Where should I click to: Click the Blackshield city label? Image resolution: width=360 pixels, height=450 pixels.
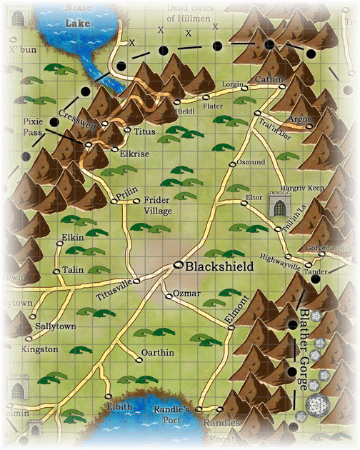pos(219,266)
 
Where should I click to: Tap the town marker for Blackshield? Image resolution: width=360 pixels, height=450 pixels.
pos(178,266)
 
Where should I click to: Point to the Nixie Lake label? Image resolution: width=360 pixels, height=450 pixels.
pos(78,15)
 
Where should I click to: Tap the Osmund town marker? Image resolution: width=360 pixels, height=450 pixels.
pos(232,164)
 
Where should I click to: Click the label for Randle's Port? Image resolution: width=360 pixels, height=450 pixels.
pos(171,414)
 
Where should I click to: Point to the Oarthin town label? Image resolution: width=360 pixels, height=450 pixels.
pos(157,352)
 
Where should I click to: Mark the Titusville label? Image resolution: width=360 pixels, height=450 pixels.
pos(114,295)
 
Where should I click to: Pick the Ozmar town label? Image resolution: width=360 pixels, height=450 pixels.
pos(186,294)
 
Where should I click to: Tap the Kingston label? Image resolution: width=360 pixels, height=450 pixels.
pos(40,349)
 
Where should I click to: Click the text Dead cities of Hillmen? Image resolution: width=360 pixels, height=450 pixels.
pos(189,13)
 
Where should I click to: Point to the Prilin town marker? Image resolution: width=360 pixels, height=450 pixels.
pos(114,202)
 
